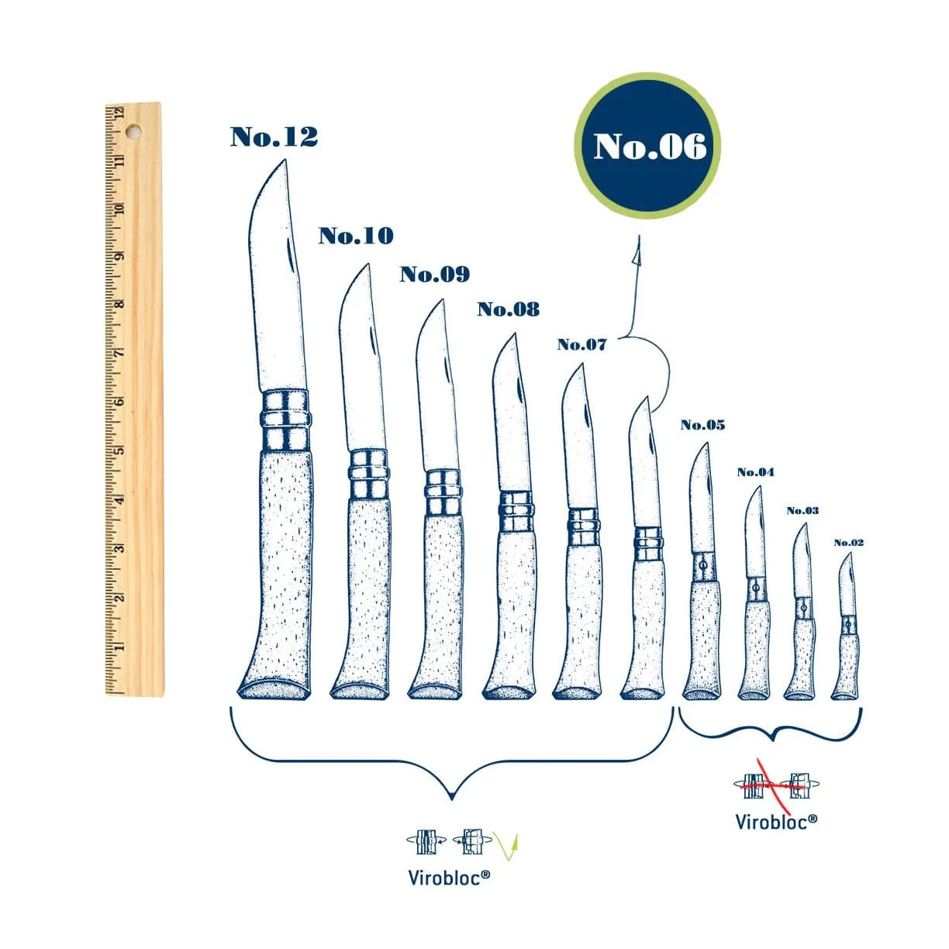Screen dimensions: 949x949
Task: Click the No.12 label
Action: pyautogui.click(x=274, y=137)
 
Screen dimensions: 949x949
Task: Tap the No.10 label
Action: pyautogui.click(x=356, y=236)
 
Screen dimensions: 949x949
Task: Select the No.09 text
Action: pyautogui.click(x=435, y=274)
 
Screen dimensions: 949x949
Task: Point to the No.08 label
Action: pyautogui.click(x=508, y=309)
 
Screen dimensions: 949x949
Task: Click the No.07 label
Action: pyautogui.click(x=581, y=344)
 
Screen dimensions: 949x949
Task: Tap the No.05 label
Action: pyautogui.click(x=702, y=425)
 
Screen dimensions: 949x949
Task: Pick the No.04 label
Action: pyautogui.click(x=755, y=472)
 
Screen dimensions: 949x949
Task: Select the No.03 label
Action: pyautogui.click(x=802, y=510)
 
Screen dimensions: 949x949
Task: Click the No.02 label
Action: pyautogui.click(x=848, y=543)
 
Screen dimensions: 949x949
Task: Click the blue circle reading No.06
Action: pyautogui.click(x=647, y=146)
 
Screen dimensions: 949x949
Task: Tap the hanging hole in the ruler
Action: pyautogui.click(x=133, y=132)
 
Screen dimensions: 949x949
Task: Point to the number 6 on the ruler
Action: pyautogui.click(x=120, y=402)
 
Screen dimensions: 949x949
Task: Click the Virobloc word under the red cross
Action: pyautogui.click(x=775, y=821)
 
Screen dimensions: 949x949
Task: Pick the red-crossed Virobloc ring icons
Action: pyautogui.click(x=775, y=785)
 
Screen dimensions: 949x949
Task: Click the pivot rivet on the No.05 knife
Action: pyautogui.click(x=703, y=566)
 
